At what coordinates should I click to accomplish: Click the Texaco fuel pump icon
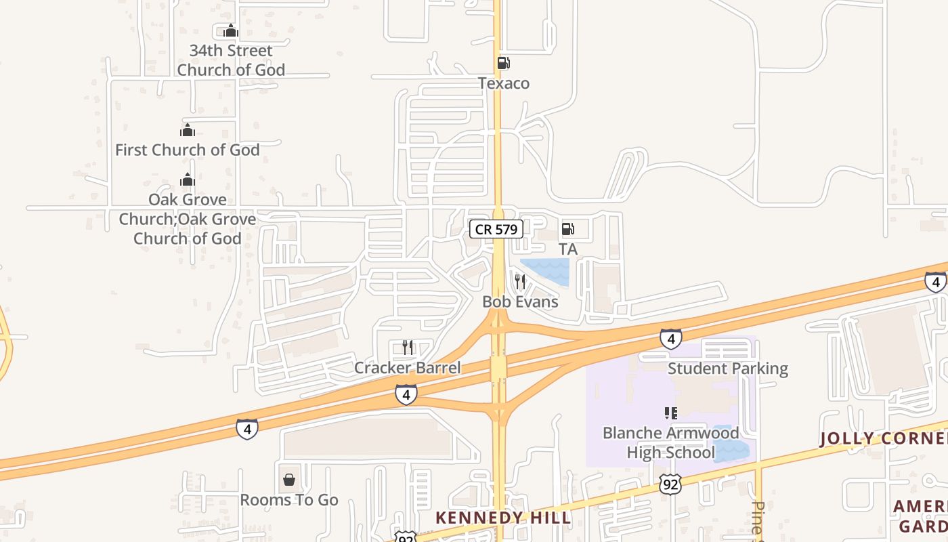click(503, 63)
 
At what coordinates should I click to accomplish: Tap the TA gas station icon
click(567, 229)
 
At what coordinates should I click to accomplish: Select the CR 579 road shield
click(496, 229)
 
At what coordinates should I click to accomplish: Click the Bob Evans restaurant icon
click(519, 281)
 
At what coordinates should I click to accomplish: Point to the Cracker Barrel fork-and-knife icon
click(407, 348)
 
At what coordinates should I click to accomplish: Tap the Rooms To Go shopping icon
click(289, 480)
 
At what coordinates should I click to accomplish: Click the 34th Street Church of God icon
click(231, 30)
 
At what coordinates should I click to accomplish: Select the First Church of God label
click(188, 150)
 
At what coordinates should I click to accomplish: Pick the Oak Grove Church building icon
click(188, 180)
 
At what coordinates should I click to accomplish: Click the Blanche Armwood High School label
click(670, 442)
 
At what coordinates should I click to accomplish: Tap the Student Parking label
click(728, 369)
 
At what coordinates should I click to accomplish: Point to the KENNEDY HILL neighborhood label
click(503, 518)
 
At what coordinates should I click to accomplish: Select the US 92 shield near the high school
click(669, 483)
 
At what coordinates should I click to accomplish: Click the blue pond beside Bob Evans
click(546, 270)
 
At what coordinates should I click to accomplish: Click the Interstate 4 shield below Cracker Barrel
click(406, 394)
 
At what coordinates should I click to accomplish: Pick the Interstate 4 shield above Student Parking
click(670, 338)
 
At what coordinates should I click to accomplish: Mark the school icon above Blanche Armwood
click(670, 413)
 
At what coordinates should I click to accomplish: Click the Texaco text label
click(503, 83)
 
